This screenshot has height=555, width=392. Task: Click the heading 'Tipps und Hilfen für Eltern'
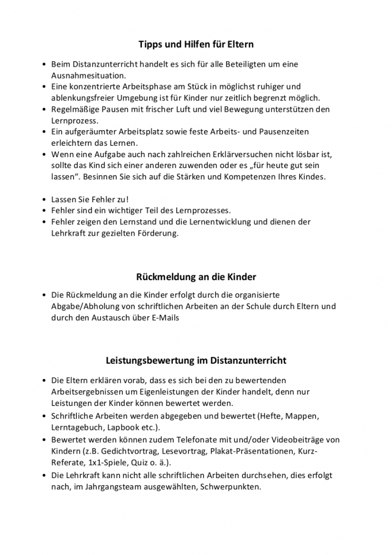(195, 43)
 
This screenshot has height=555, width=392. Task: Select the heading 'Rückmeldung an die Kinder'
(195, 276)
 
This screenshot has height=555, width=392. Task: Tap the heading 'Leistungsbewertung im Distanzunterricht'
(195, 360)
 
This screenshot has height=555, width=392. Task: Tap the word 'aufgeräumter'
(93, 132)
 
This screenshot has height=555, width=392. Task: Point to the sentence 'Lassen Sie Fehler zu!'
(90, 199)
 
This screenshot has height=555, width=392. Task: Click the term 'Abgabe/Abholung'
(84, 306)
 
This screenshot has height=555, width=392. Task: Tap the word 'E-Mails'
(165, 318)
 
